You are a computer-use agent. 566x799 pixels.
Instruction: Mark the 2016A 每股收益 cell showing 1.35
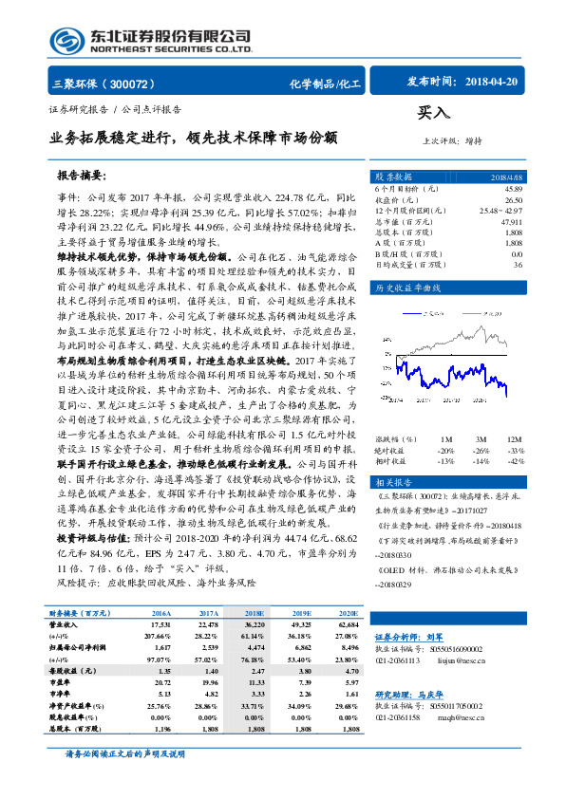tap(160, 670)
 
